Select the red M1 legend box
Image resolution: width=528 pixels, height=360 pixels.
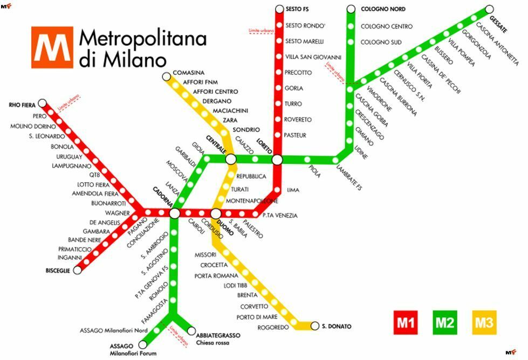click(406, 323)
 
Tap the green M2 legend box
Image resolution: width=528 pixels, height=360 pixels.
click(444, 323)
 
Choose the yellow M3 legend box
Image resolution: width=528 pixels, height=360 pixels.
click(484, 323)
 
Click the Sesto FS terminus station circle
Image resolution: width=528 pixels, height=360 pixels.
click(279, 9)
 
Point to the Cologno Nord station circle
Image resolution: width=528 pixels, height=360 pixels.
click(351, 9)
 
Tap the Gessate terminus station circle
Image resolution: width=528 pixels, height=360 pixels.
click(489, 9)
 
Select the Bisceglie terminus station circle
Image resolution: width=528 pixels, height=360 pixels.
click(78, 270)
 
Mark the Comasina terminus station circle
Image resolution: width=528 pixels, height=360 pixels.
click(166, 77)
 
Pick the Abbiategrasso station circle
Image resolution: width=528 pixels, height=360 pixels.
click(191, 330)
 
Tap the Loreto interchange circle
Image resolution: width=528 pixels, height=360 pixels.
click(277, 160)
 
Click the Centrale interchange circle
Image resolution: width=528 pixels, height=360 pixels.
click(231, 158)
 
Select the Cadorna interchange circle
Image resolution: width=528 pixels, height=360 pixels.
click(174, 213)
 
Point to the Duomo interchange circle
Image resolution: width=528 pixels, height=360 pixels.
click(216, 213)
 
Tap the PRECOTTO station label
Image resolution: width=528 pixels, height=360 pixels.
click(298, 72)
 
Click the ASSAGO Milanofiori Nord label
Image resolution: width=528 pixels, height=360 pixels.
click(113, 330)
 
